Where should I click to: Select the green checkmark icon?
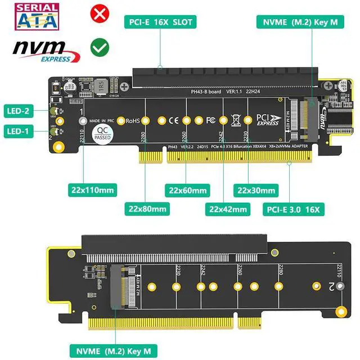[100, 48]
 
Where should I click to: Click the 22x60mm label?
[187, 190]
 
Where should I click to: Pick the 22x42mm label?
[228, 209]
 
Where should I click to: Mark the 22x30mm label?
[256, 190]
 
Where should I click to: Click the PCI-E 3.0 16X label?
[291, 209]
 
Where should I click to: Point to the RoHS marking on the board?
[133, 120]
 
